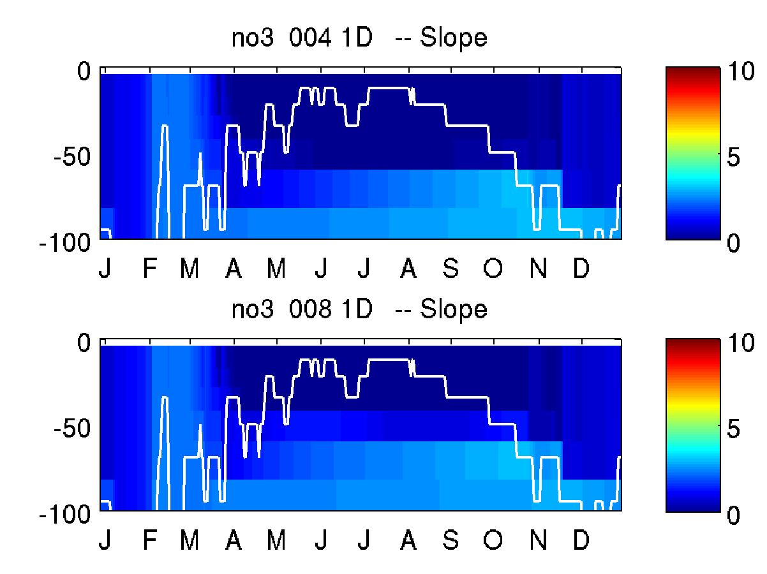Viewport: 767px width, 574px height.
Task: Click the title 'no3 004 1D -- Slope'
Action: [x=359, y=38]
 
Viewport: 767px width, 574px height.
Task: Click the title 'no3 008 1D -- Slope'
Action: [x=359, y=309]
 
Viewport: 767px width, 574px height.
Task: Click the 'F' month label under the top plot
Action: [x=149, y=268]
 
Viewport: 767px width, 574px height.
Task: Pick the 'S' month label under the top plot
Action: [x=451, y=268]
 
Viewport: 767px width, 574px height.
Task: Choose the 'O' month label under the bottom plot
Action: [x=493, y=540]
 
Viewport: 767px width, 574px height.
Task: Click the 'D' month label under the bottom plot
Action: [x=581, y=540]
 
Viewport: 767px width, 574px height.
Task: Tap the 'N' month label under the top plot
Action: [x=538, y=268]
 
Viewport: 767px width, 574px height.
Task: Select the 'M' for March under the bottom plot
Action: [x=190, y=540]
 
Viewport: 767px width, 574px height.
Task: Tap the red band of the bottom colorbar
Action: [x=693, y=364]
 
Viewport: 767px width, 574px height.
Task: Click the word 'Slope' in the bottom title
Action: [x=453, y=309]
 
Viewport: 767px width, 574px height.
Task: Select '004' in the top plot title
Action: [x=309, y=38]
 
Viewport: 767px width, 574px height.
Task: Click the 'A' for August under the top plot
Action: [x=408, y=268]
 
